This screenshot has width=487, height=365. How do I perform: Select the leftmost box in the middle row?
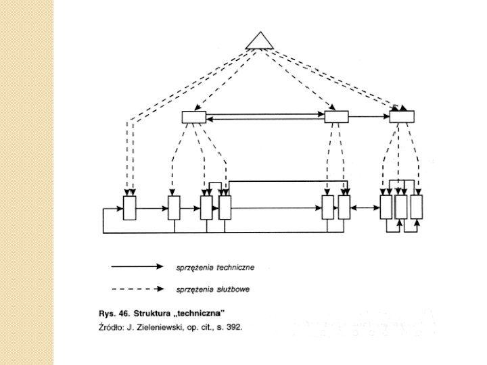(x=193, y=118)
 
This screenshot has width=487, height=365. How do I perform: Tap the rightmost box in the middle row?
(x=401, y=117)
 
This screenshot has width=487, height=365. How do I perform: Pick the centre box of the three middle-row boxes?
(x=335, y=118)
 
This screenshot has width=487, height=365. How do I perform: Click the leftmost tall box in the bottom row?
(x=130, y=208)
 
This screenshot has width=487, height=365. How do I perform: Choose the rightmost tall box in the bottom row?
(x=417, y=207)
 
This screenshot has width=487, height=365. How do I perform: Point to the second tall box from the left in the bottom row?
(x=175, y=208)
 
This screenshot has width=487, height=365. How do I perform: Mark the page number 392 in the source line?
(x=232, y=327)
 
